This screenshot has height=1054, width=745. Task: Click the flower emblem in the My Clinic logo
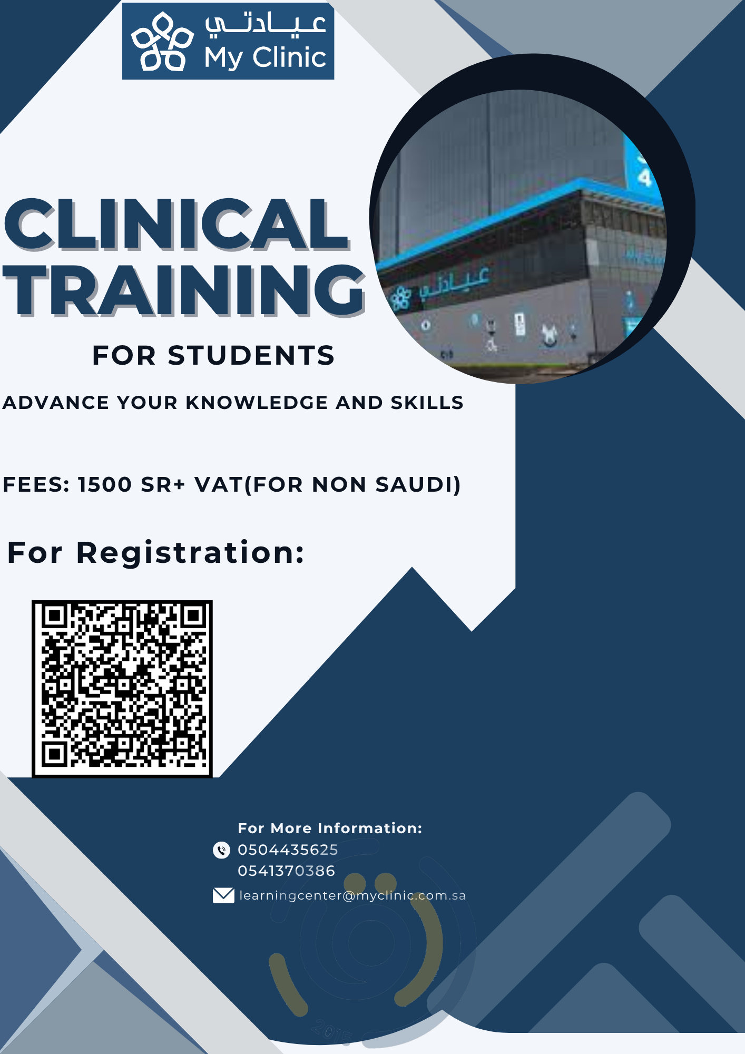point(162,42)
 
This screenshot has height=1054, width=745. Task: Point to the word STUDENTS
point(251,355)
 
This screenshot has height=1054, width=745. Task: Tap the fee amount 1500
point(105,484)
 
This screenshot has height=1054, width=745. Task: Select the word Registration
point(190,553)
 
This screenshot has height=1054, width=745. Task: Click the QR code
point(122,689)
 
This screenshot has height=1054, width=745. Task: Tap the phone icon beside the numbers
point(221,850)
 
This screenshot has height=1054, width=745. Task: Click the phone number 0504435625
point(288,850)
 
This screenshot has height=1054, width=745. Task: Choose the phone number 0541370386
point(286,871)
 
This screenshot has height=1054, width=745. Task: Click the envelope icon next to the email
point(223,895)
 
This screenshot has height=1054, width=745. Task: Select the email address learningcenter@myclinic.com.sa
point(352,895)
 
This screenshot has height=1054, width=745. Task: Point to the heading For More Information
point(330,828)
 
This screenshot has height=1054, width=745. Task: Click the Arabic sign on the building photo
point(455,283)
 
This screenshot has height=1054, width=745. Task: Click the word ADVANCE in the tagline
point(56,403)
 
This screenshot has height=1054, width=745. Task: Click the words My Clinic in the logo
point(265,57)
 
